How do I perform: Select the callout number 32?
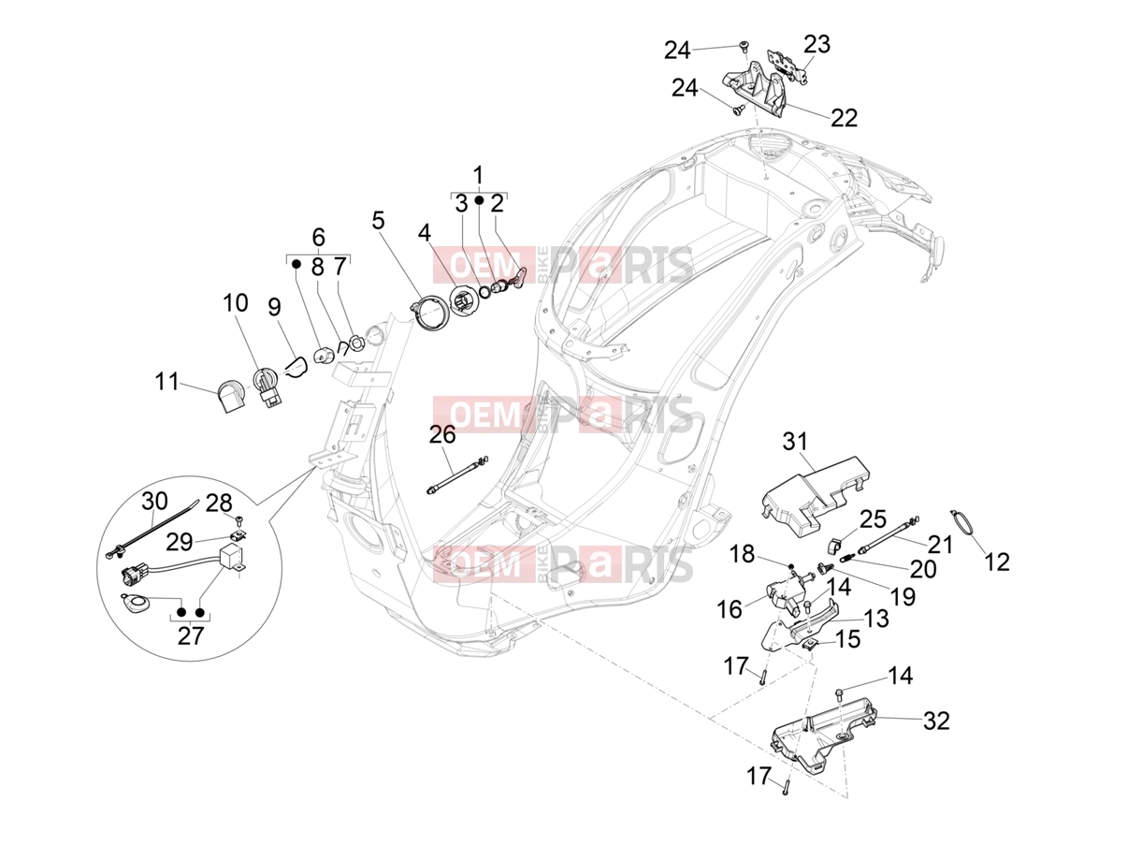936,721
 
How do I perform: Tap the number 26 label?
442,434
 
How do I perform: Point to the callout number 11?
166,382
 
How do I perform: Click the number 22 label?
845,118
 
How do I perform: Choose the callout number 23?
816,44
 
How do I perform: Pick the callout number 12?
997,562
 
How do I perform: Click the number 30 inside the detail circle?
154,501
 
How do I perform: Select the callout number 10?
236,303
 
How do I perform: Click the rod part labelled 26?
457,475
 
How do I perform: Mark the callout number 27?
191,636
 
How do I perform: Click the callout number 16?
730,610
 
